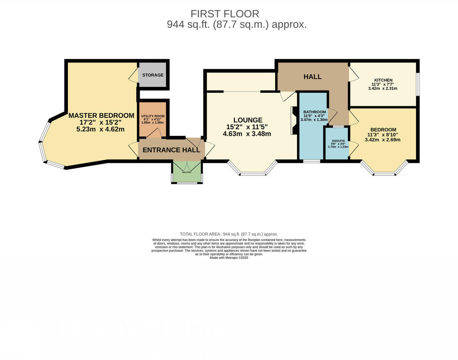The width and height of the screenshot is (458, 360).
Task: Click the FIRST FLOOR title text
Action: click(225, 14)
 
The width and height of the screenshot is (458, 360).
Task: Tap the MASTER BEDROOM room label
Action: click(101, 116)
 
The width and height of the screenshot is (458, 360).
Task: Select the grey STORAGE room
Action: click(153, 75)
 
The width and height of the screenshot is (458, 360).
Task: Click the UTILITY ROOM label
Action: click(153, 116)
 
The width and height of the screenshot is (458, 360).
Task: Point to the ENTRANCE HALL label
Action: click(171, 150)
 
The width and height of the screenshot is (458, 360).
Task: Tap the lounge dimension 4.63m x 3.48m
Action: click(247, 134)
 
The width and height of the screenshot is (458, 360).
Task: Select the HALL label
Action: click(312, 77)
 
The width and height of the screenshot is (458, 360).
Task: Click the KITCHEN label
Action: click(383, 80)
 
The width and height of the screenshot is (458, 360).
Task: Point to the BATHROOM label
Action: click(314, 112)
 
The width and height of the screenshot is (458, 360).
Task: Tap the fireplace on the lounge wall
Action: click(294, 121)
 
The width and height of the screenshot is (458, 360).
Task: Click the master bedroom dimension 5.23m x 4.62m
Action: click(100, 129)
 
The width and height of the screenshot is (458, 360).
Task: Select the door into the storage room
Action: click(134, 76)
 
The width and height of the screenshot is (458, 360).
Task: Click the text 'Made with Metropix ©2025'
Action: click(229, 258)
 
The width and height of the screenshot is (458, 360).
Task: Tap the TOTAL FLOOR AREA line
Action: click(229, 234)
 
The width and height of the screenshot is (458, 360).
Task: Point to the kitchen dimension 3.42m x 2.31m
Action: click(383, 88)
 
